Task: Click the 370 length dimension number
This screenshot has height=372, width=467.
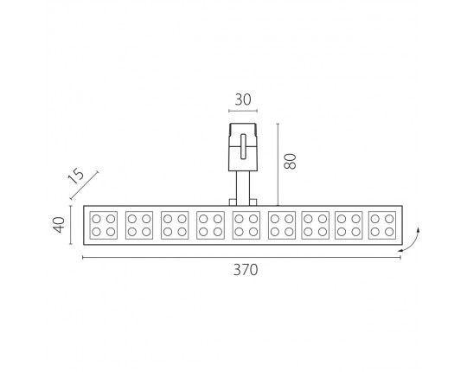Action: click(246, 270)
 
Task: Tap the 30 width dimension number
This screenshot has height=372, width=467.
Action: click(243, 99)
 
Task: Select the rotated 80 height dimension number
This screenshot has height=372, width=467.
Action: click(290, 162)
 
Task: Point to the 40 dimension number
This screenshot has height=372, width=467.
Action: click(59, 225)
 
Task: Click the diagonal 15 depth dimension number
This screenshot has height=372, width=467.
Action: click(76, 176)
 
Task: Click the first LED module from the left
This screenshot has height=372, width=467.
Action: click(104, 225)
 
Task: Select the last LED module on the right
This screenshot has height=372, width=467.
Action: click(382, 225)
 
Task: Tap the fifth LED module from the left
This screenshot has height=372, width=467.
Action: click(246, 225)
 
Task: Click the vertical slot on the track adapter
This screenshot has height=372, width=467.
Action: click(243, 146)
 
